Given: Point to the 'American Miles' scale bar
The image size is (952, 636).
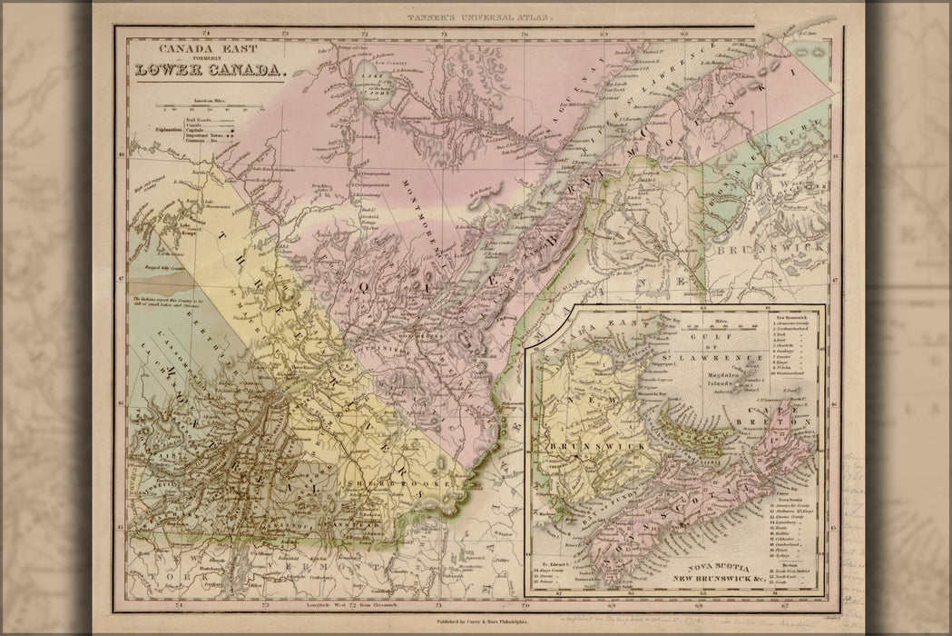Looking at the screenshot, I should [204, 107].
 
